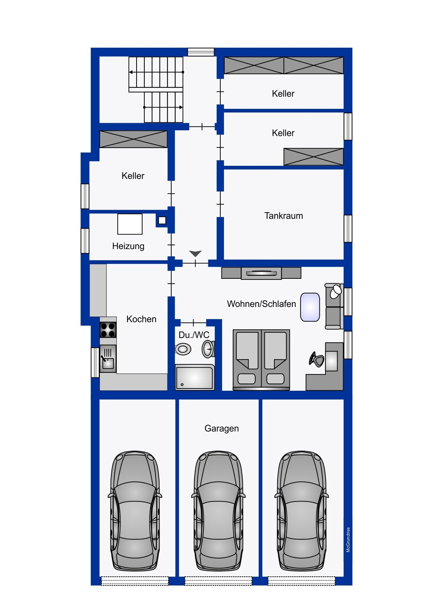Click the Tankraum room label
click(283, 216)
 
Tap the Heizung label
click(128, 246)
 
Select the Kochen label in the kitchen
click(141, 319)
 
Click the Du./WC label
click(194, 335)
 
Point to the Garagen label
click(222, 429)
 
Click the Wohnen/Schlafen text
click(261, 304)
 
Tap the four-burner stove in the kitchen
click(108, 330)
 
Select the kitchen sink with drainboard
click(108, 359)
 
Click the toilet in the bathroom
click(183, 349)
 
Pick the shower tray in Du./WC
click(194, 377)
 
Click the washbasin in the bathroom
click(208, 349)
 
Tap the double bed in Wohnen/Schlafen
click(261, 360)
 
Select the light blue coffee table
click(310, 307)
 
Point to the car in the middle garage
click(218, 511)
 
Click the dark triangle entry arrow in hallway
click(195, 253)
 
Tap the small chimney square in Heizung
click(162, 220)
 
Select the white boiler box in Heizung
click(130, 224)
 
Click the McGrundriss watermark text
click(348, 540)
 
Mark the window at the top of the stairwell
click(201, 52)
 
